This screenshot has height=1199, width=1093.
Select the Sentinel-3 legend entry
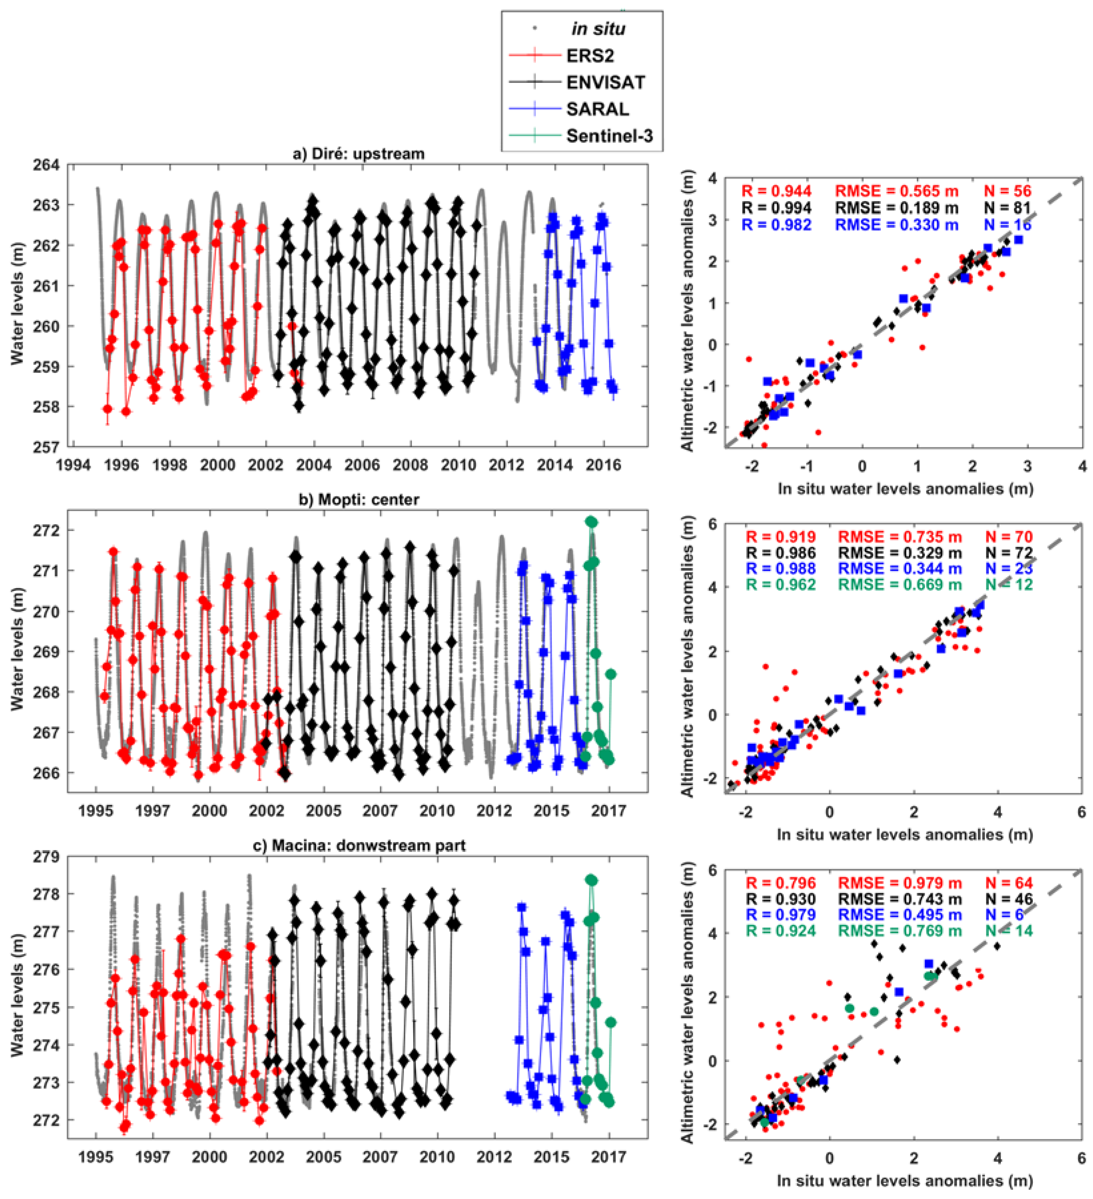(609, 136)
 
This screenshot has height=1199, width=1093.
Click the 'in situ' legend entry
(598, 29)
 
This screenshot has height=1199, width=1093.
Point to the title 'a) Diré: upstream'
(359, 154)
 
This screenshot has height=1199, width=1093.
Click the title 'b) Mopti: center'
(359, 500)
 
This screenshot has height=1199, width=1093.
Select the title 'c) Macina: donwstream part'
(359, 845)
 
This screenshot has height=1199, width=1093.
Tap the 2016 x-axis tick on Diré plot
(603, 465)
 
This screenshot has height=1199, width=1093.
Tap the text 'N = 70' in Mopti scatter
(1008, 537)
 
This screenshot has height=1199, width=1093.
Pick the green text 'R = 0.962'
(780, 585)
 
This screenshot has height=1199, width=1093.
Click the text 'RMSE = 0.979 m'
(899, 883)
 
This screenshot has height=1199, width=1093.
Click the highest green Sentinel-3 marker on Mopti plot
(591, 522)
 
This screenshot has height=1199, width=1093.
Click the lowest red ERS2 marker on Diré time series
(126, 412)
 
